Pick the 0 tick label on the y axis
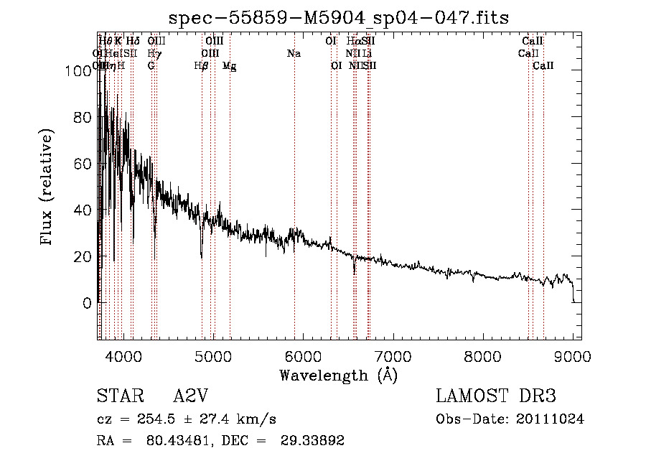(87, 303)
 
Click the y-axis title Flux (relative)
(48, 188)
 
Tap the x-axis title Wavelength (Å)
(338, 375)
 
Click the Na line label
(294, 54)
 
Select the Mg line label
(230, 65)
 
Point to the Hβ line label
(202, 65)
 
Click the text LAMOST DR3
(496, 396)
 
